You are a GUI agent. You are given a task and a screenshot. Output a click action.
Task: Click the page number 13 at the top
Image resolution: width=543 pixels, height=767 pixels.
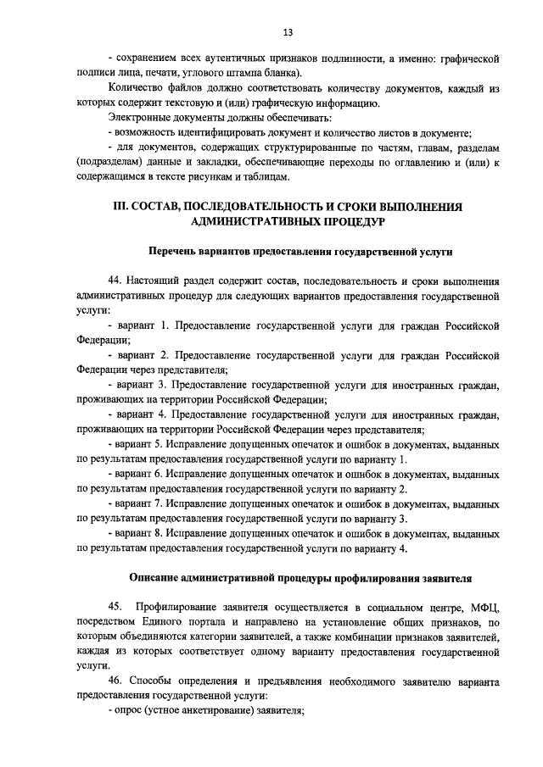click(x=288, y=32)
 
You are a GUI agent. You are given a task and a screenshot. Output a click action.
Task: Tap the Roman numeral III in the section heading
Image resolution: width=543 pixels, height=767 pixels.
click(x=122, y=207)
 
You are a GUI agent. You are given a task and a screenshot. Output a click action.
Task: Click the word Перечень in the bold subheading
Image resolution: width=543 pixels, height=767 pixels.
click(x=173, y=252)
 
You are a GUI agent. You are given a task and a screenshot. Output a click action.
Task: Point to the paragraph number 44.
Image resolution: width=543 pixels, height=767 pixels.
click(x=116, y=281)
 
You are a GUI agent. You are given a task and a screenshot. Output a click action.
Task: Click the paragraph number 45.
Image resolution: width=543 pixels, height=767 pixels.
click(x=116, y=608)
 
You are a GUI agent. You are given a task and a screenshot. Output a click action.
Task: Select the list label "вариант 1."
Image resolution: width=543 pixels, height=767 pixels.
click(x=145, y=325)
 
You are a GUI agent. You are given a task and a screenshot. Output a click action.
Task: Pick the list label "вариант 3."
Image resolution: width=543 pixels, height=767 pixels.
click(x=145, y=385)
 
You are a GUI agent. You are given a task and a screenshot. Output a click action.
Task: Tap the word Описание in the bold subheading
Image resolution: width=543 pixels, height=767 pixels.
click(x=155, y=578)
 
